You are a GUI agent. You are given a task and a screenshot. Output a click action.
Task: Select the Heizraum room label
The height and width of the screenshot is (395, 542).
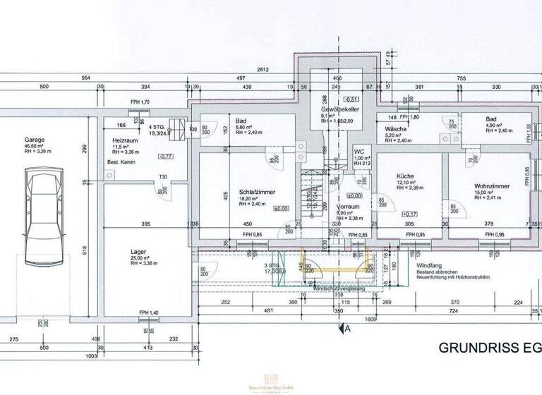click(123, 141)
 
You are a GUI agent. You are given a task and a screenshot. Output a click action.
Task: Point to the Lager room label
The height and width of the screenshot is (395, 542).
click(138, 251)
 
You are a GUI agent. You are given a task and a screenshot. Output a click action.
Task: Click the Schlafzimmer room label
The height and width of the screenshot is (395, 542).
click(256, 192)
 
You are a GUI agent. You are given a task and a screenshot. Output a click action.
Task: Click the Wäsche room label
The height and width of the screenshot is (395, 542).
click(395, 130)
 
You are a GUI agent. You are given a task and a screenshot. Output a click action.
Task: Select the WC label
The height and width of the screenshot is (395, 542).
click(359, 152)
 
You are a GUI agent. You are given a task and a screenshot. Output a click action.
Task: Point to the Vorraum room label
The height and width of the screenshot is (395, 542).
click(347, 207)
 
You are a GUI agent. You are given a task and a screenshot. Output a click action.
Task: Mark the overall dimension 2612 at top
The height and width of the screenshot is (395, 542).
click(263, 69)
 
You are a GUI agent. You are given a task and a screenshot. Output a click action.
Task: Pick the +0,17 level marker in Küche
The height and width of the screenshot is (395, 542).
click(411, 214)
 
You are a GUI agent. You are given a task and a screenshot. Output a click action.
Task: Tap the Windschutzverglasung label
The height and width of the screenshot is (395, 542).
click(339, 288)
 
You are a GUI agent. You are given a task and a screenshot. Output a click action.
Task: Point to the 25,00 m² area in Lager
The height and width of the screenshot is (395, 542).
click(138, 259)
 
